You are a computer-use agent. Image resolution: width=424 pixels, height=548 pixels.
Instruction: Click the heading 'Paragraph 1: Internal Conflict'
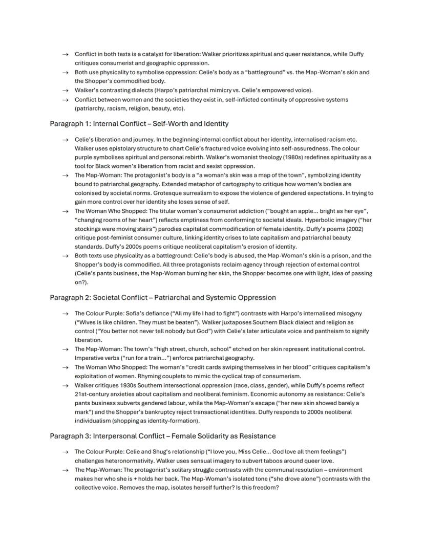point(139,124)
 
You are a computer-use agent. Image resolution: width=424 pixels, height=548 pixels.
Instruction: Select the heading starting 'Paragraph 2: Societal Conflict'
point(162,297)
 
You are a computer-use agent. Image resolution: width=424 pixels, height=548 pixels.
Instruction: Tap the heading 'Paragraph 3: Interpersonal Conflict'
point(162,436)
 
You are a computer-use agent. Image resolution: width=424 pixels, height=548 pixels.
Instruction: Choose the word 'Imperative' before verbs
point(91,358)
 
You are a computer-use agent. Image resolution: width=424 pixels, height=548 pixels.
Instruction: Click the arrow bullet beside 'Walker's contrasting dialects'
point(65,91)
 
